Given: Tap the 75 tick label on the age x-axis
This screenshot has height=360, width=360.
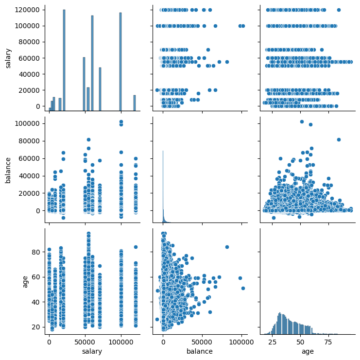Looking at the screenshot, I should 328,342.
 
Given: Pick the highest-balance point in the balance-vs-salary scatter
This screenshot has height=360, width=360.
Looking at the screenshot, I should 121,121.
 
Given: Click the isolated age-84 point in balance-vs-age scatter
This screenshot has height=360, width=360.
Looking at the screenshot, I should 339,139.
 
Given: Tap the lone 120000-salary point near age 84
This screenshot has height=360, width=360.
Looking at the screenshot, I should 339,10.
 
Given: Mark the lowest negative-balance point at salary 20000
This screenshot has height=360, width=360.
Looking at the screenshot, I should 63,218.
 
